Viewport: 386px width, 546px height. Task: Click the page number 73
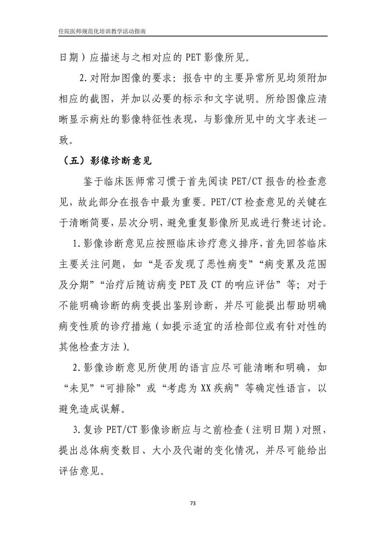[193, 503]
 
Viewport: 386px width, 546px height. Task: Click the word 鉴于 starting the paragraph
[93, 182]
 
